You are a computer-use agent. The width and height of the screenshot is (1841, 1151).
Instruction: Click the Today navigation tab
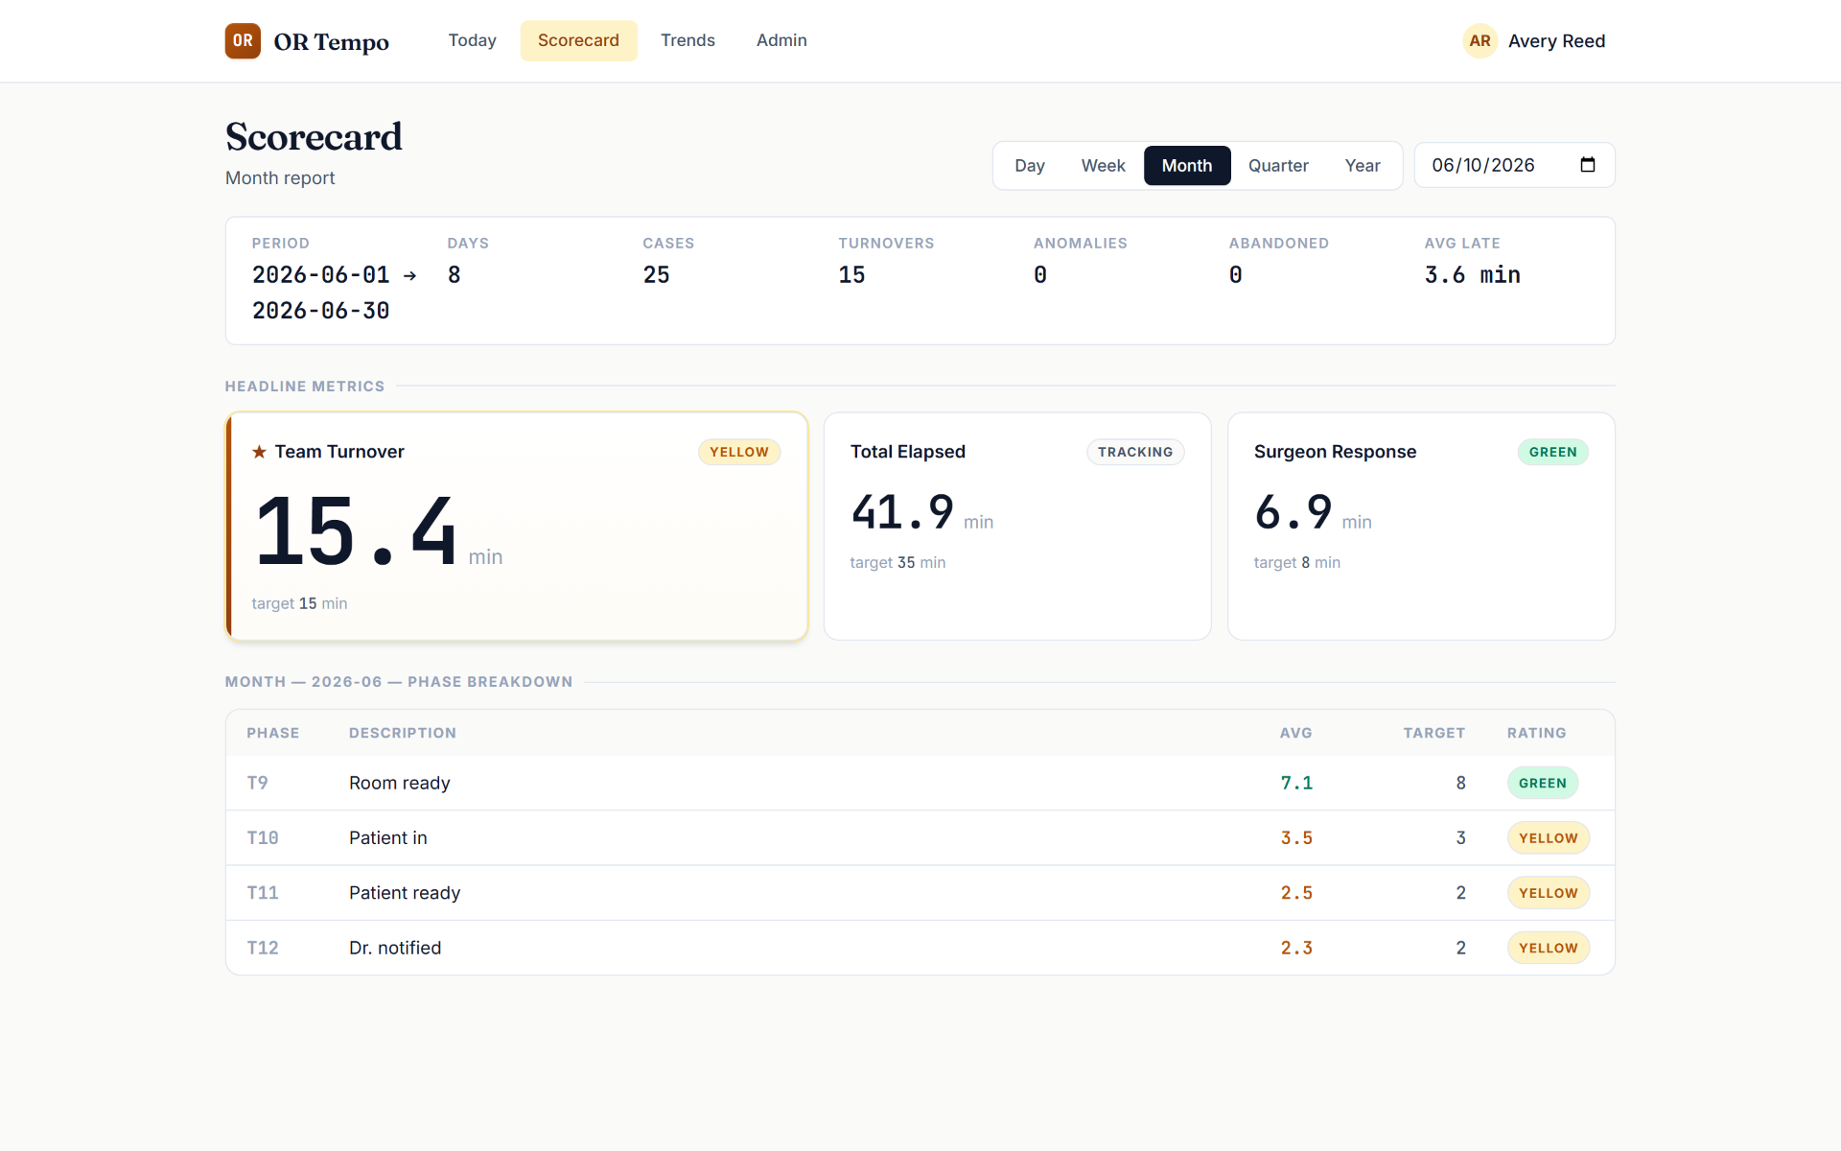pyautogui.click(x=472, y=40)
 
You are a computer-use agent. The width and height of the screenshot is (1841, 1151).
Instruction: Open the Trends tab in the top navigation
pyautogui.click(x=687, y=40)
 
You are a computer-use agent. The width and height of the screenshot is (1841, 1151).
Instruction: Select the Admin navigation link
pyautogui.click(x=781, y=40)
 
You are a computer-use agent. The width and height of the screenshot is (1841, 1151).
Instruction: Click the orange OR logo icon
pyautogui.click(x=243, y=41)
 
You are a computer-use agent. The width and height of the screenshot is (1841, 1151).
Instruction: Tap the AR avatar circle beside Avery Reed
pyautogui.click(x=1480, y=41)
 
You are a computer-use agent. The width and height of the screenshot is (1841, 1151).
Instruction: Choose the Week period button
pyautogui.click(x=1103, y=166)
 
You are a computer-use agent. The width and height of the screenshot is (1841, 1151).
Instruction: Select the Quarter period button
pyautogui.click(x=1278, y=166)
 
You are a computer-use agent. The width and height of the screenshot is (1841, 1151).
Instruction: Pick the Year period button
pyautogui.click(x=1363, y=166)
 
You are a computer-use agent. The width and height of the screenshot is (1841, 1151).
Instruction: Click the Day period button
pyautogui.click(x=1030, y=166)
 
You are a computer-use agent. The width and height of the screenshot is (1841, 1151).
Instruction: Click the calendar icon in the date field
pyautogui.click(x=1588, y=165)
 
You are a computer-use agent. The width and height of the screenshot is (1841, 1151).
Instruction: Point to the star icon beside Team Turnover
pyautogui.click(x=259, y=452)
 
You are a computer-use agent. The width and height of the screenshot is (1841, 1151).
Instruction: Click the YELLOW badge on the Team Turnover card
pyautogui.click(x=739, y=452)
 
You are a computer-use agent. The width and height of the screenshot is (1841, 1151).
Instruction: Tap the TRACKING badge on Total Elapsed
pyautogui.click(x=1135, y=452)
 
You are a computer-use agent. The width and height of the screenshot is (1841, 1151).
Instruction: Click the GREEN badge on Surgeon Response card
pyautogui.click(x=1552, y=452)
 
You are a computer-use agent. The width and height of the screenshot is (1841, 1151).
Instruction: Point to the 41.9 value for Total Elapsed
pyautogui.click(x=902, y=511)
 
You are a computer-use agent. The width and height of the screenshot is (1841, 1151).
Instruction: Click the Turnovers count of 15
pyautogui.click(x=851, y=275)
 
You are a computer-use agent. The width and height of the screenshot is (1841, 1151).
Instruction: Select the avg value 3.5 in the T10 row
pyautogui.click(x=1296, y=838)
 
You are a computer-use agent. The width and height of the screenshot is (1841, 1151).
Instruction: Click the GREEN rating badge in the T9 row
pyautogui.click(x=1543, y=783)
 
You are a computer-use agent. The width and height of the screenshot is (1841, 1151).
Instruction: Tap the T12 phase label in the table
pyautogui.click(x=263, y=948)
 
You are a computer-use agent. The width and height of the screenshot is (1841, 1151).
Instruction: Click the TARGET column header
pyautogui.click(x=1434, y=733)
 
